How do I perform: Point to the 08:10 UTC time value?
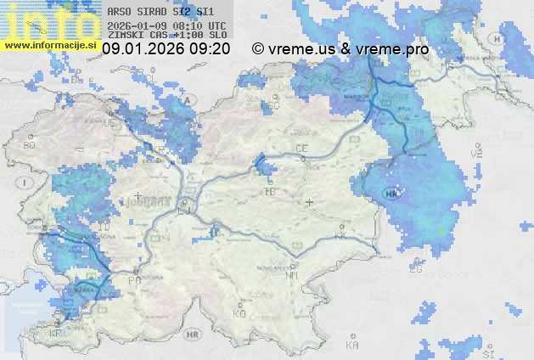pos(191,25)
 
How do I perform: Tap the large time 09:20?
pos(210,49)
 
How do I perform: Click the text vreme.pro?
pos(393,49)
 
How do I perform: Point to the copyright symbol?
pos(258,49)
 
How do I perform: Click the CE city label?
pos(301,149)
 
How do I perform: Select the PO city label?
pos(133,279)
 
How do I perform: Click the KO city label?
pos(239,313)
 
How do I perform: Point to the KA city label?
pos(352,345)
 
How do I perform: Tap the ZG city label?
pos(415,269)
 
